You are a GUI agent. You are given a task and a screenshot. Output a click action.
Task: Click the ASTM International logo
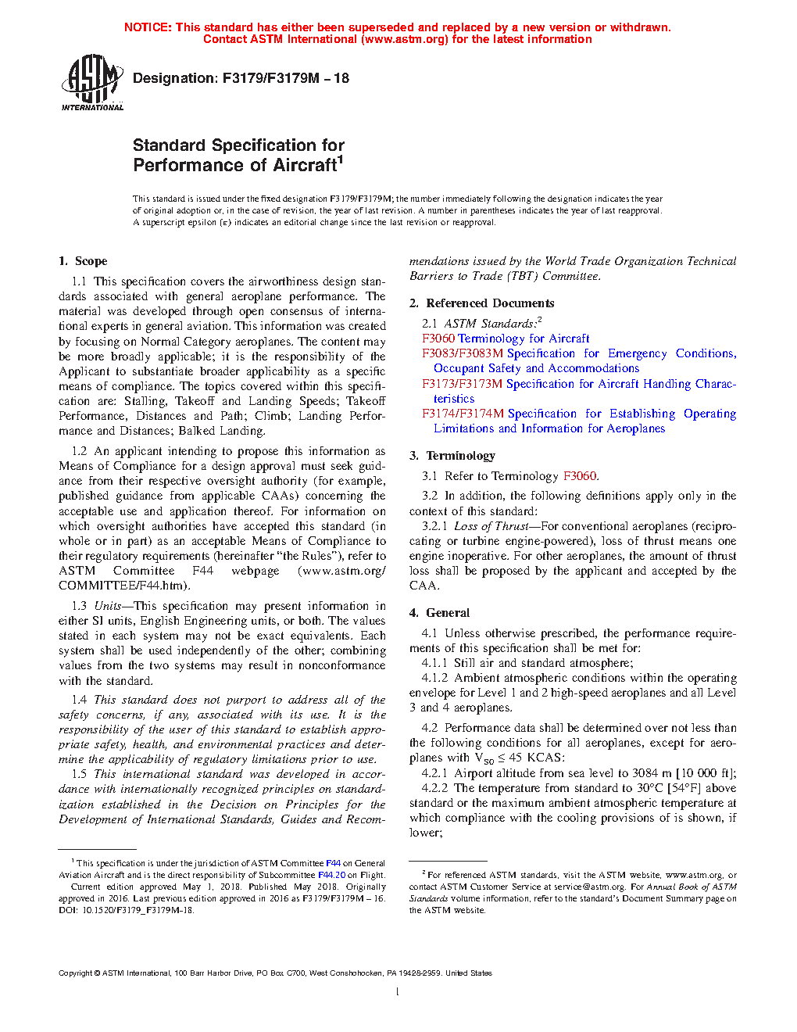[x=92, y=82]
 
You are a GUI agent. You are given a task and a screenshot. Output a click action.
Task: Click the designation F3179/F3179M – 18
[x=241, y=78]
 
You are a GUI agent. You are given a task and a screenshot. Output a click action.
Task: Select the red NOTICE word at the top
[x=148, y=27]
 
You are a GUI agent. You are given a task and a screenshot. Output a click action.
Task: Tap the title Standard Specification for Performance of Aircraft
[x=238, y=155]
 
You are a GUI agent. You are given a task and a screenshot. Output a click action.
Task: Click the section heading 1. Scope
[x=83, y=261]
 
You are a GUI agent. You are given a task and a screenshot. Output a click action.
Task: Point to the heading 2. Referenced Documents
[x=481, y=303]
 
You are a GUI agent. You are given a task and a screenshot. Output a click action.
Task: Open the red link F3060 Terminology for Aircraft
[x=506, y=339]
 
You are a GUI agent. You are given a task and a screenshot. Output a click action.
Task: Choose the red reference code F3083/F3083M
[x=462, y=353]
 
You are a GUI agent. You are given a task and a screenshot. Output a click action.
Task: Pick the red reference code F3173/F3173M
[x=462, y=384]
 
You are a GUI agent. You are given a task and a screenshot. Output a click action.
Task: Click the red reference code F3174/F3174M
[x=463, y=414]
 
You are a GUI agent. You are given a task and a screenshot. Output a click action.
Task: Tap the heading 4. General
[x=439, y=613]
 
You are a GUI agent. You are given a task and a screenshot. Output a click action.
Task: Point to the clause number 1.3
[x=79, y=606]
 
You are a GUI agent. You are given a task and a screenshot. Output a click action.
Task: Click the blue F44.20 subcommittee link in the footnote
[x=331, y=875]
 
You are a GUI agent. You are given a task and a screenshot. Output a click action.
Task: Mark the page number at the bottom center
[x=398, y=992]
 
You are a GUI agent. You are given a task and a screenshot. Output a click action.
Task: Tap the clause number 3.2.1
[x=434, y=526]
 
